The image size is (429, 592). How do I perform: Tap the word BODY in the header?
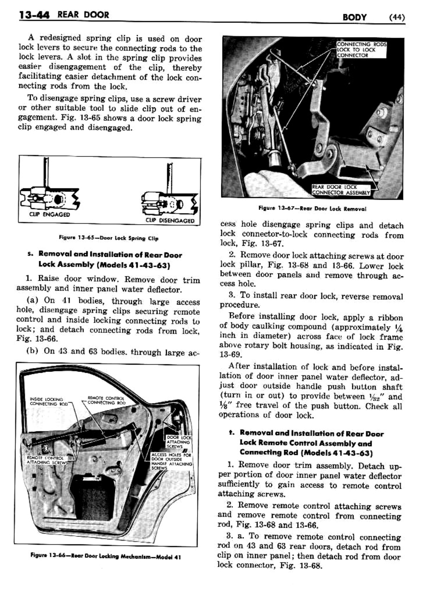pos(354,17)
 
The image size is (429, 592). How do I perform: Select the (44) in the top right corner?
pos(397,17)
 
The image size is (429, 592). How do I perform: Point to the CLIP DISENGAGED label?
pos(170,221)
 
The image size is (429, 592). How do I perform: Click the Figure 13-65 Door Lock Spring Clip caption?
pos(108,238)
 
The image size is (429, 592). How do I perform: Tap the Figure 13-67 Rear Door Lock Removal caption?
pos(312,209)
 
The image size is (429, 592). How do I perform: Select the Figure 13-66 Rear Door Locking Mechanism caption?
pos(105,557)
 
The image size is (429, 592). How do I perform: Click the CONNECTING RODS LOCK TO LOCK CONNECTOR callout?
pos(361,50)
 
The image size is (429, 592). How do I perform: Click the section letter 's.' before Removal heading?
pos(29,254)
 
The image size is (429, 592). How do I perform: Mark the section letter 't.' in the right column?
pos(232,433)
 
